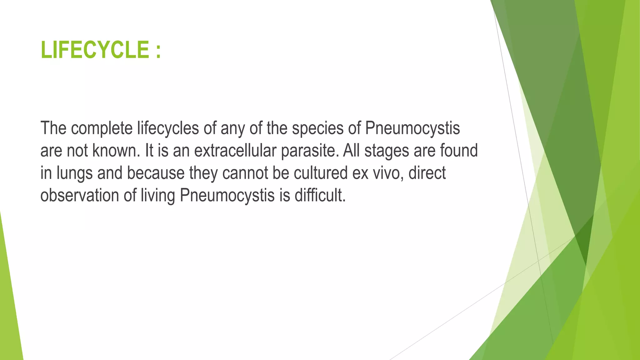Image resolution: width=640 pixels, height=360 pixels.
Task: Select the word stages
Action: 387,151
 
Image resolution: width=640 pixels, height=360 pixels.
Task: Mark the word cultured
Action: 321,173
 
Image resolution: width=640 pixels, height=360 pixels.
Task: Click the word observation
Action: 80,196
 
